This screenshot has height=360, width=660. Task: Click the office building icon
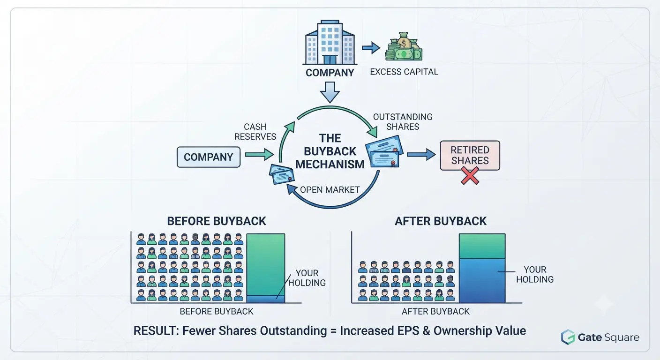[x=330, y=43]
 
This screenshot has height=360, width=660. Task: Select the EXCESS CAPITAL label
[x=404, y=72]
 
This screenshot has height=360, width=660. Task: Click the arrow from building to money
[x=371, y=47]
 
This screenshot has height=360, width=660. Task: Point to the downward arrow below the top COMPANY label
[x=330, y=92]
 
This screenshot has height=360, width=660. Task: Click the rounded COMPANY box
[x=208, y=157]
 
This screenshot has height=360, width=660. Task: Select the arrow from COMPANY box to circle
[x=259, y=154]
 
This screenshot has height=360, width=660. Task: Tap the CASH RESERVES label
[x=255, y=132]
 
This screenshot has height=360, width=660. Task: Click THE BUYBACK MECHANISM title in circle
[x=330, y=151]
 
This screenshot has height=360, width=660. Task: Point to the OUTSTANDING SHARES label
[x=403, y=122]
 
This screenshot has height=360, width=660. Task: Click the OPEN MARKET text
[x=330, y=190]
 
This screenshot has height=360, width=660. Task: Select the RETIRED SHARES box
[x=470, y=155]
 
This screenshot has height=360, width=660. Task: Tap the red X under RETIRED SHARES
[x=470, y=176]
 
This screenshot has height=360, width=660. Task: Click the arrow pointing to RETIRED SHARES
[x=421, y=154]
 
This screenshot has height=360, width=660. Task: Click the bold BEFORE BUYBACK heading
[x=217, y=221]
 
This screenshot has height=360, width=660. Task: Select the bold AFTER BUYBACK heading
[x=441, y=221]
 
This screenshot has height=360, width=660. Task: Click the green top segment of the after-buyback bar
[x=482, y=246]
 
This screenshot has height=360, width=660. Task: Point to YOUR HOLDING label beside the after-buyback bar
[x=535, y=274]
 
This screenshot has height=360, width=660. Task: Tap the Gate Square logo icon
[x=568, y=337]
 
